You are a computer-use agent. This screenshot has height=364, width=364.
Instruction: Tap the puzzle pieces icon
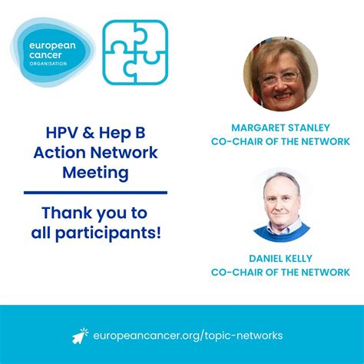click(135, 52)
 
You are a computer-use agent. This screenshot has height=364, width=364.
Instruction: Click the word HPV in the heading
click(61, 131)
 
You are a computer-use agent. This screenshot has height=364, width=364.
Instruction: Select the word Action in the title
click(58, 152)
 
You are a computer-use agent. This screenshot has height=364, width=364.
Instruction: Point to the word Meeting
click(95, 173)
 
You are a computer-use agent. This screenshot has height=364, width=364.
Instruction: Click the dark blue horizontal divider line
click(95, 192)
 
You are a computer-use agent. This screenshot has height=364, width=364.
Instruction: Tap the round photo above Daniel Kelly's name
click(280, 205)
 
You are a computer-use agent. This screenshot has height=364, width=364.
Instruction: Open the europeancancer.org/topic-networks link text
click(188, 336)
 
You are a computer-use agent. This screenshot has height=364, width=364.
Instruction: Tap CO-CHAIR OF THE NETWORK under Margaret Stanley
click(280, 142)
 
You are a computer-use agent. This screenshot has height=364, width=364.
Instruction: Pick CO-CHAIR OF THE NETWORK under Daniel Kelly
click(280, 273)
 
